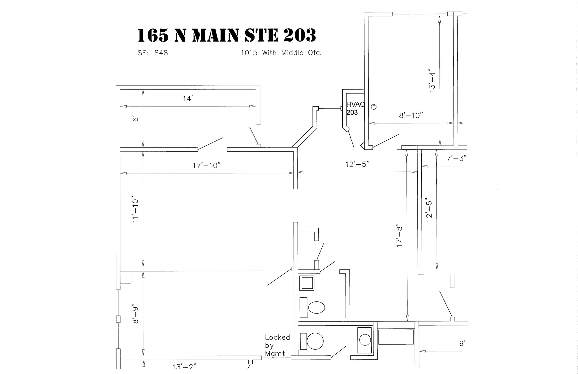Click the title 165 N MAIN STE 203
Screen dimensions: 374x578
pyautogui.click(x=226, y=36)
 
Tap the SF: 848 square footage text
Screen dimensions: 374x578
pyautogui.click(x=153, y=53)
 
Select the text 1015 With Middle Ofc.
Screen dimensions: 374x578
pyautogui.click(x=281, y=53)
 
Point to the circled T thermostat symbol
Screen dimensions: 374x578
pyautogui.click(x=374, y=107)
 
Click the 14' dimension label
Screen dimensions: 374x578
pyautogui.click(x=188, y=99)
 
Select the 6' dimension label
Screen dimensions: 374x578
pyautogui.click(x=136, y=119)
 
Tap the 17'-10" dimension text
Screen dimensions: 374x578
pyautogui.click(x=206, y=166)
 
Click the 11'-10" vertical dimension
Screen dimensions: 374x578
pyautogui.click(x=136, y=209)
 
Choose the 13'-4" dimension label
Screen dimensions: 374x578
pyautogui.click(x=432, y=81)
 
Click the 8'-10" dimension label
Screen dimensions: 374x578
pyautogui.click(x=411, y=116)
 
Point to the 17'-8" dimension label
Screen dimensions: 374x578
pyautogui.click(x=399, y=237)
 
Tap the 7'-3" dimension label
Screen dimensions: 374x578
pyautogui.click(x=456, y=158)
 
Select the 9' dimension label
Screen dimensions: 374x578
pyautogui.click(x=462, y=343)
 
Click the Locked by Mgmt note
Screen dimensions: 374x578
pyautogui.click(x=277, y=345)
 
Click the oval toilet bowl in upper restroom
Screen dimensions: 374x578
pyautogui.click(x=317, y=307)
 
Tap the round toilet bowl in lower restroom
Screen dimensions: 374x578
pyautogui.click(x=315, y=341)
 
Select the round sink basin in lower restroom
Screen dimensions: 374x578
pyautogui.click(x=365, y=340)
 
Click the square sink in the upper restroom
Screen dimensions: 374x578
pyautogui.click(x=306, y=283)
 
